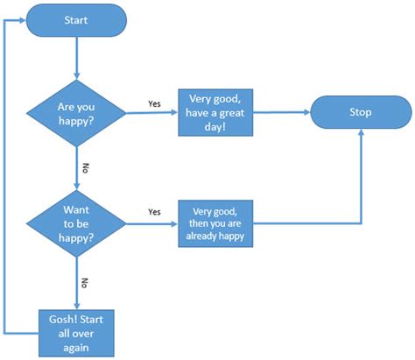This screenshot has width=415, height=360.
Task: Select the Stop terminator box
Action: (360, 112)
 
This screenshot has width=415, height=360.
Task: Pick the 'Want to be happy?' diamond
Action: (75, 224)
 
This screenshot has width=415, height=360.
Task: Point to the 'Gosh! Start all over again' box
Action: (76, 331)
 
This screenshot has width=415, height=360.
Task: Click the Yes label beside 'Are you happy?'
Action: (154, 103)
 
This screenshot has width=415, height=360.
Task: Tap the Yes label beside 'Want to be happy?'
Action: (154, 212)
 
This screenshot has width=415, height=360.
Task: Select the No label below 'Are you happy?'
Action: (85, 167)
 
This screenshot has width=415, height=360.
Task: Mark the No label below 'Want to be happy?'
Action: (85, 282)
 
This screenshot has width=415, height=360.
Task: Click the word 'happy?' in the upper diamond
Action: (75, 120)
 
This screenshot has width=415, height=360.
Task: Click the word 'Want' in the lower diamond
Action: (76, 210)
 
